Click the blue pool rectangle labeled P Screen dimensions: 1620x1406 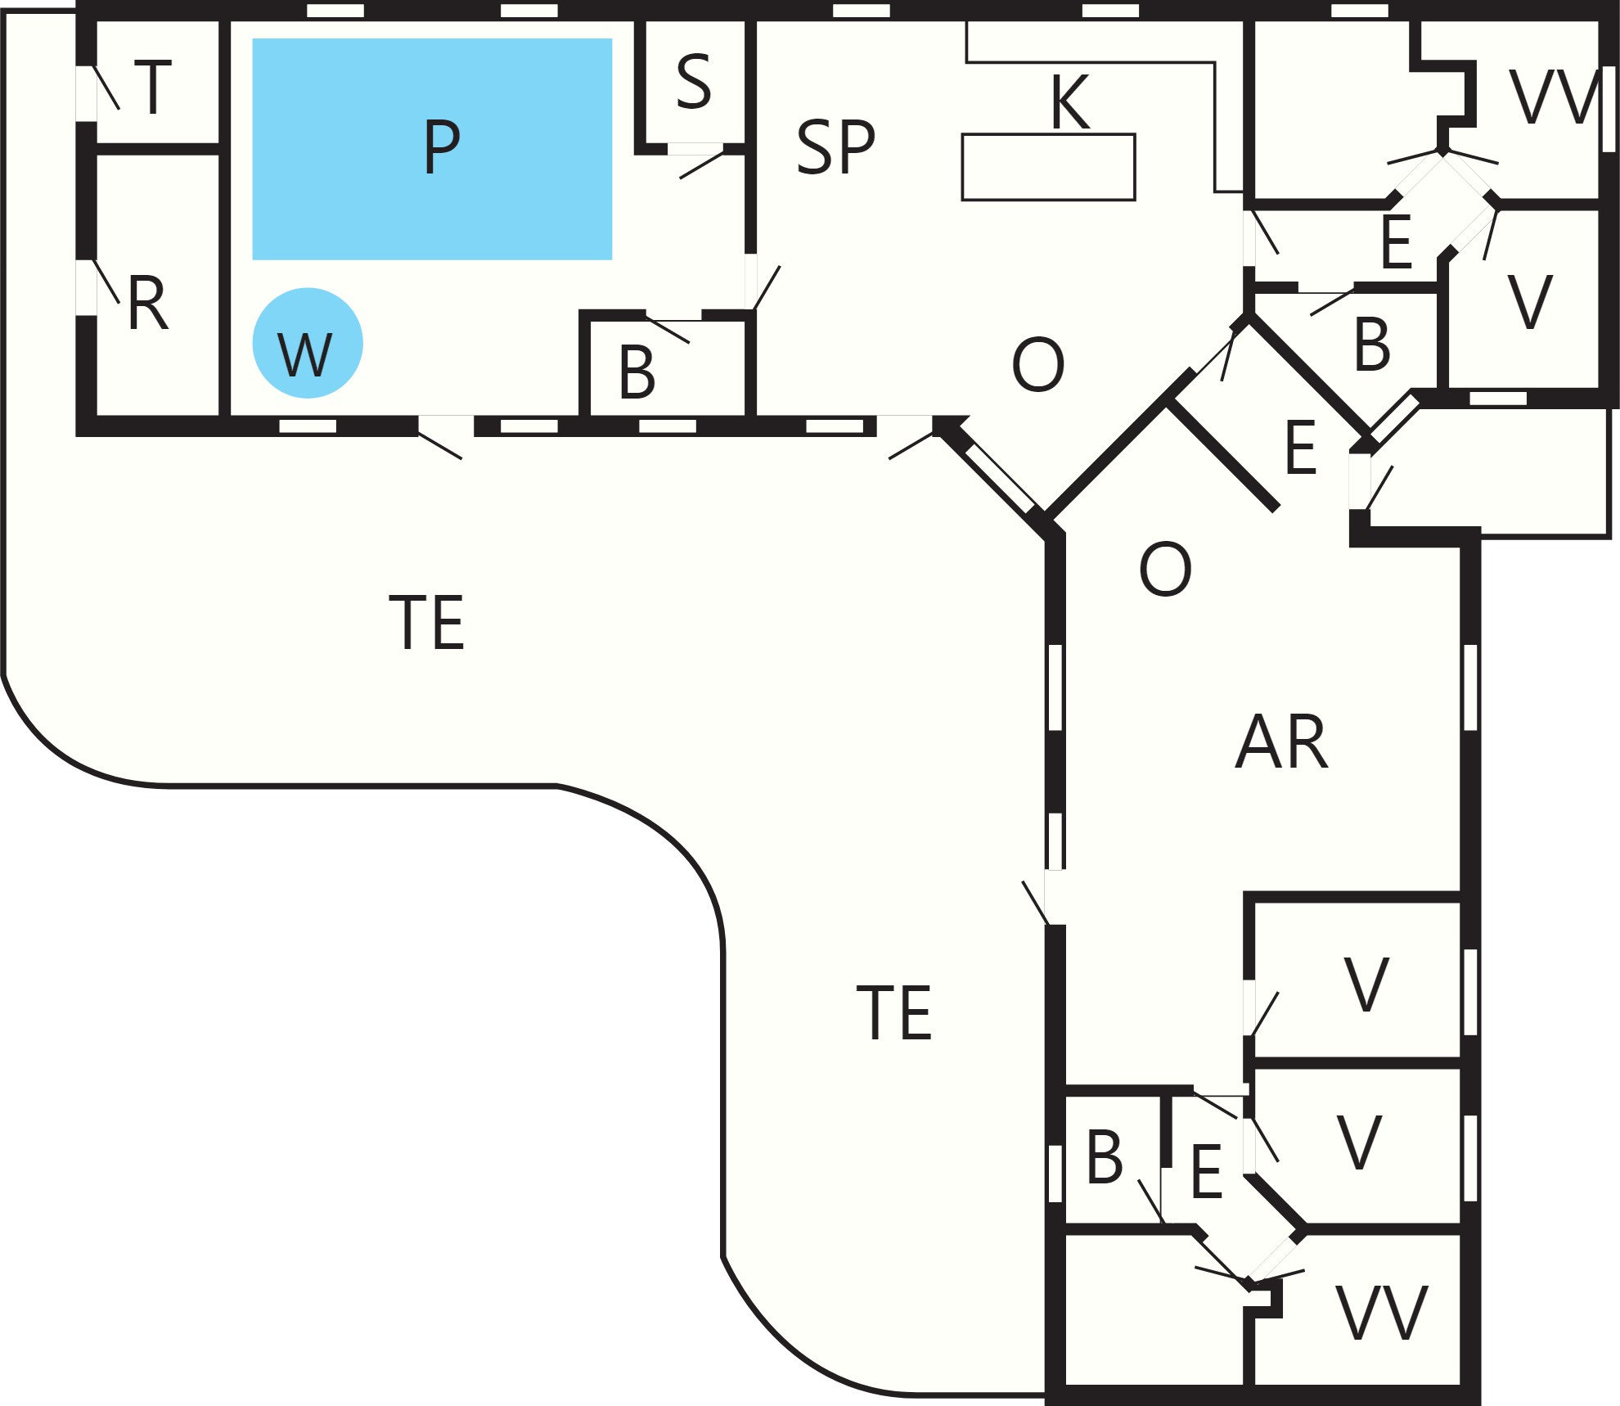click(432, 149)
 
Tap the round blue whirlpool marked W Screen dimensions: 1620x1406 click(308, 343)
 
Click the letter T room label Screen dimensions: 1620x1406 click(153, 87)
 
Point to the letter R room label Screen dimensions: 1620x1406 click(148, 303)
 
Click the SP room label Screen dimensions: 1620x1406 click(835, 147)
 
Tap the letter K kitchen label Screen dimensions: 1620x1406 click(1070, 101)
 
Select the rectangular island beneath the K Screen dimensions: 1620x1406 click(1048, 167)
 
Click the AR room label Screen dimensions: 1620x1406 click(1281, 741)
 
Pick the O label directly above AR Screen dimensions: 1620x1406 click(1165, 569)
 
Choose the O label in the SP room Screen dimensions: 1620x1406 click(1038, 364)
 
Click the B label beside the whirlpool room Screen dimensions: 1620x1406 click(637, 372)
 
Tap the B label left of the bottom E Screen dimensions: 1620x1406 click(1105, 1157)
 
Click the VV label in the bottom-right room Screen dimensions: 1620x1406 click(1382, 1313)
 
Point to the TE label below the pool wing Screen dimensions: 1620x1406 click(426, 622)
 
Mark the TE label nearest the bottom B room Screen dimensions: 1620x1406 click(893, 1012)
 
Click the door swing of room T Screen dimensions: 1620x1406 click(106, 88)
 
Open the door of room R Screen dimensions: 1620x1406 click(106, 282)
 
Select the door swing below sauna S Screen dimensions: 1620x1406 click(701, 165)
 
